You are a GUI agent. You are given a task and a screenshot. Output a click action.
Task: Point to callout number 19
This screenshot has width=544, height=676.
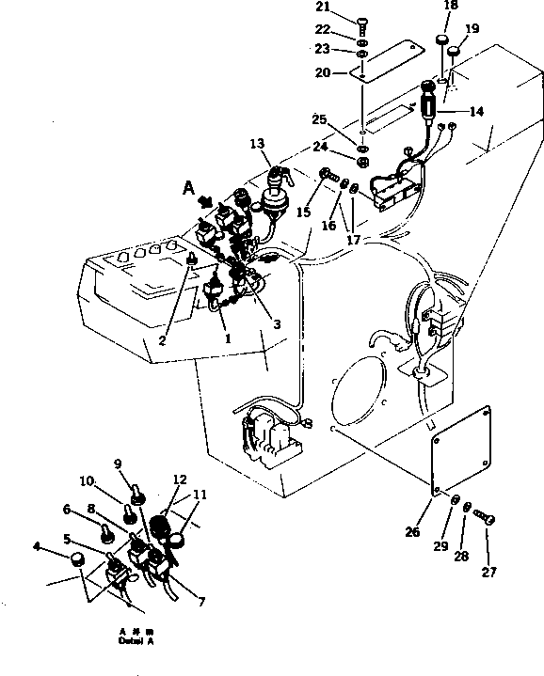tap(472, 29)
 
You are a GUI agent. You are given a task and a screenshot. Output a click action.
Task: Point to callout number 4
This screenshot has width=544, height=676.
tap(37, 545)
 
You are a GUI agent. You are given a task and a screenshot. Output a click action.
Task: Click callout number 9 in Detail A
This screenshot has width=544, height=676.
tap(119, 463)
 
